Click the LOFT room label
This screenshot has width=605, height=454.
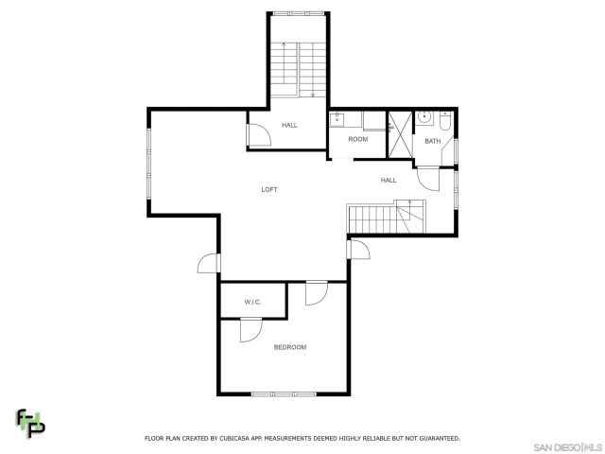point(269,190)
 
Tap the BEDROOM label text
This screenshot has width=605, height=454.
point(290,347)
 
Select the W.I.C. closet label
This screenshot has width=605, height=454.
point(252,302)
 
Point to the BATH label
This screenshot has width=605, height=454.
point(432,142)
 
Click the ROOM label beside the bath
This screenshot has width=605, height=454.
point(357,139)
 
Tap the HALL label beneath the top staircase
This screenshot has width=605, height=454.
point(289,125)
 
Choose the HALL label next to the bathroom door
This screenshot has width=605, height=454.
point(389,180)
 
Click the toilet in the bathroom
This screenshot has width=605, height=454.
point(445,120)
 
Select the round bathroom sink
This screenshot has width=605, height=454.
point(424,118)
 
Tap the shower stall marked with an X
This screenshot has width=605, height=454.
point(400,136)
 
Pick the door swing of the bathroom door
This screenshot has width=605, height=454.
point(429,178)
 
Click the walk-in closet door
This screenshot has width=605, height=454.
point(251,330)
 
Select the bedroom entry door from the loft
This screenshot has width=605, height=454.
point(316,293)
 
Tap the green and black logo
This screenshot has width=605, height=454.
point(29,424)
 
